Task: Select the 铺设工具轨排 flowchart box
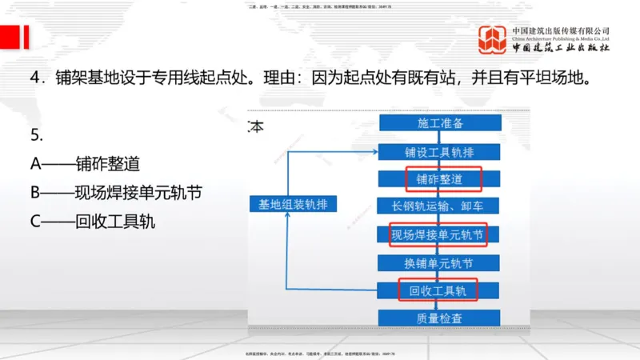(x=441, y=151)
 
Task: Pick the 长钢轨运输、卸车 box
(x=441, y=206)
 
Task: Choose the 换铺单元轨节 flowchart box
(x=441, y=262)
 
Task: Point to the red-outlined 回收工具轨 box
(x=438, y=289)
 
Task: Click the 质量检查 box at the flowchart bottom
(x=441, y=318)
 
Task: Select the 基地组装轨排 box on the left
(x=294, y=204)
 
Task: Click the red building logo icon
(x=493, y=39)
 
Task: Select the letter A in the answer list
(x=35, y=164)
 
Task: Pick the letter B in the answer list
(x=35, y=192)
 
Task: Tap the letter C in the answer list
(x=35, y=220)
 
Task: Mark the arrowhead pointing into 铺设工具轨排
(x=375, y=151)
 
